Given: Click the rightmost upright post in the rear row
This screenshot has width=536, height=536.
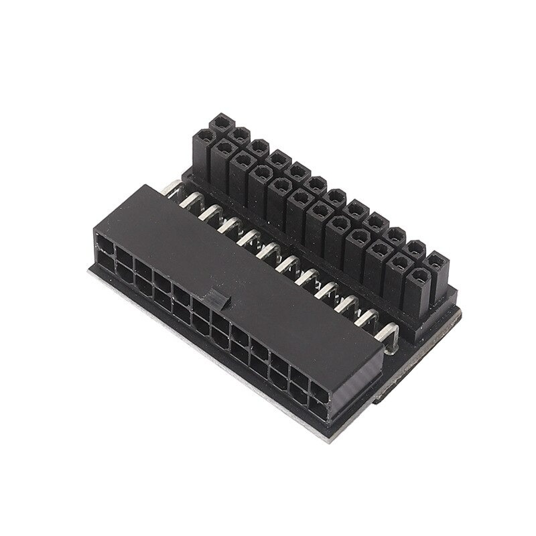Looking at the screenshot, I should (x=437, y=261).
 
